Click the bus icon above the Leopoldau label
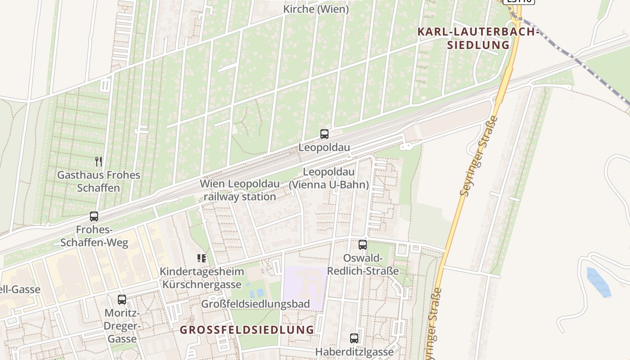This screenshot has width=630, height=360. (x=324, y=134)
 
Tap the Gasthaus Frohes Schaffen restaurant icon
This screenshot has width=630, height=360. (x=99, y=161)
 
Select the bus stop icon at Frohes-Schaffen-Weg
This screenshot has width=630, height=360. (x=94, y=216)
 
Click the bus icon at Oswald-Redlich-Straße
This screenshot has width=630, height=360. (x=362, y=245)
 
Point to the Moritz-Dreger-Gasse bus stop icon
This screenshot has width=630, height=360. (x=122, y=300)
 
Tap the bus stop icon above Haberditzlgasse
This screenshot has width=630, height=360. (x=354, y=338)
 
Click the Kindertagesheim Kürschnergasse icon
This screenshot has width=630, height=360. (x=202, y=258)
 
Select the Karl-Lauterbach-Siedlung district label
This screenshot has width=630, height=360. (x=477, y=38)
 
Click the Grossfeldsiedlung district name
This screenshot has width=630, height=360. (x=247, y=330)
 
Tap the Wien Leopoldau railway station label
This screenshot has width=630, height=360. (x=240, y=190)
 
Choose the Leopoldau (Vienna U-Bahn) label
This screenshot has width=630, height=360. (x=328, y=178)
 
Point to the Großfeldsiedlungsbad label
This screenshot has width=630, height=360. (x=255, y=304)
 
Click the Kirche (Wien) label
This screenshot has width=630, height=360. (x=315, y=9)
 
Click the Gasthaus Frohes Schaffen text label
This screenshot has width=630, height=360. (x=99, y=181)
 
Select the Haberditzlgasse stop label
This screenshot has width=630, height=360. (x=354, y=352)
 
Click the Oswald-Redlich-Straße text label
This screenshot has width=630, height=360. (x=363, y=265)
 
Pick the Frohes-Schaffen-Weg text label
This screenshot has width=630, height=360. (x=94, y=236)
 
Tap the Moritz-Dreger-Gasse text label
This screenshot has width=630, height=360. (x=122, y=326)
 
